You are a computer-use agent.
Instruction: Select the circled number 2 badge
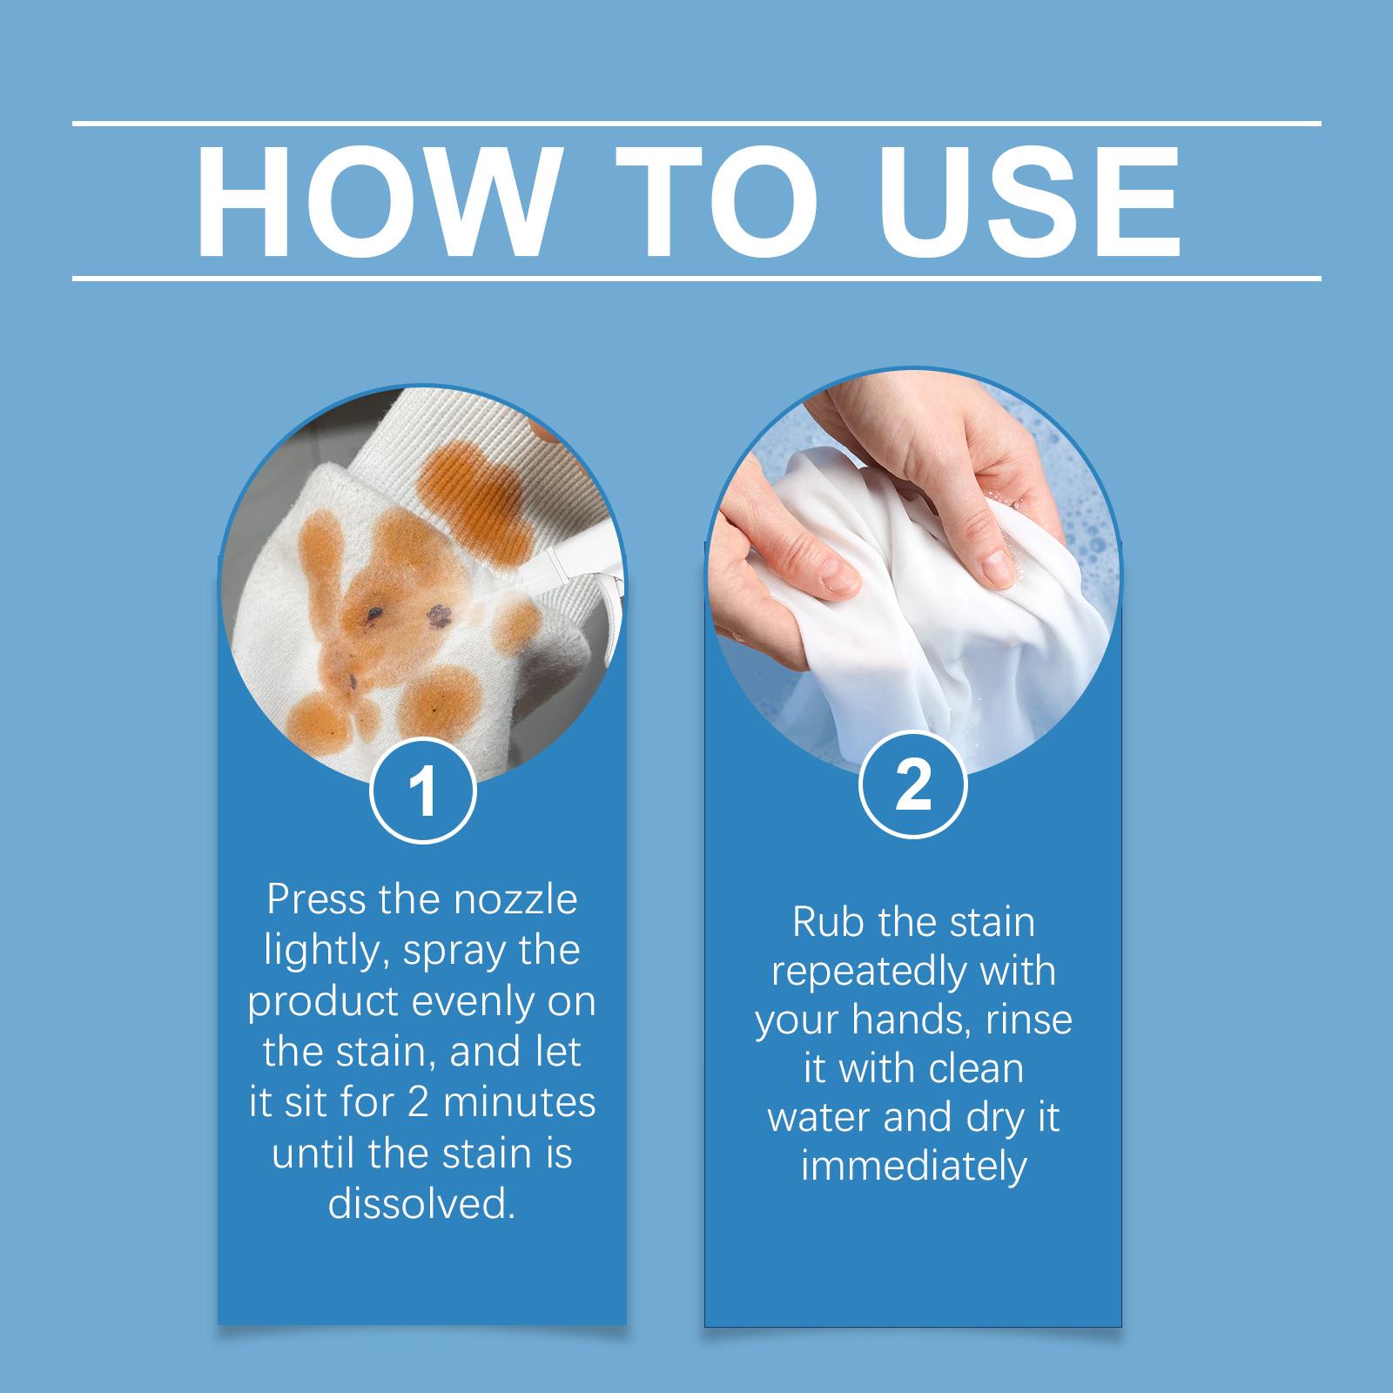point(913,786)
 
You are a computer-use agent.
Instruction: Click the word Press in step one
point(317,899)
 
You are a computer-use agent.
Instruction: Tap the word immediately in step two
point(913,1168)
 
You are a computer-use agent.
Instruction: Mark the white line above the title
point(696,124)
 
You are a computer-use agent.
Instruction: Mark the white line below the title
point(696,279)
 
